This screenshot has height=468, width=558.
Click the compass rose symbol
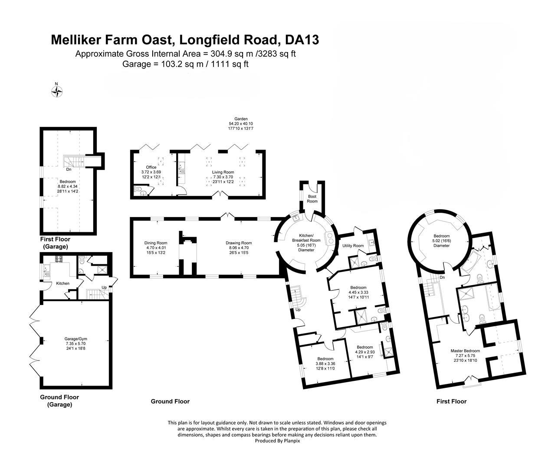coord(57,91)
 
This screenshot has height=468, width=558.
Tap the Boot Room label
coord(312,198)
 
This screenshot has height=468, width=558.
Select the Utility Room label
coord(353,246)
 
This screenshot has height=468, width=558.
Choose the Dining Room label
coord(156,246)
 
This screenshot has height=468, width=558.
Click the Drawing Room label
coord(238,246)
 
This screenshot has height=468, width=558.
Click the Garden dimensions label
coord(241,126)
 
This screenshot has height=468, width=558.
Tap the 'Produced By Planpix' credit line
coord(277,441)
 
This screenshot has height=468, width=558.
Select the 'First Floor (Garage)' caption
coord(55,243)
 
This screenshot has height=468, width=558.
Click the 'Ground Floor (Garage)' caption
coord(59,401)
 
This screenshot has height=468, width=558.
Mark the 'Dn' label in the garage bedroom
coord(69,169)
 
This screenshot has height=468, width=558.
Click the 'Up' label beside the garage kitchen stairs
coord(104,287)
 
